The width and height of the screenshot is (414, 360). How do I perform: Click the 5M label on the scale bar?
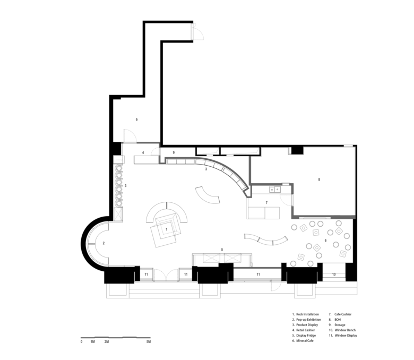tap(149, 342)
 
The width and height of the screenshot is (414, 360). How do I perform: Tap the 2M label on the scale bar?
tap(106, 342)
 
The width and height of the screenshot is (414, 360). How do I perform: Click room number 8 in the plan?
tap(319, 179)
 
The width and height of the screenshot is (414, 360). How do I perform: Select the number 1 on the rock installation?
tap(166, 229)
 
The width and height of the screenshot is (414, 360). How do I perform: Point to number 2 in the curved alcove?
tap(103, 243)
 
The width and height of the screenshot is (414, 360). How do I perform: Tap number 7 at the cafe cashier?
tap(266, 203)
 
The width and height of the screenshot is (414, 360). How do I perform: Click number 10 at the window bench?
tap(334, 275)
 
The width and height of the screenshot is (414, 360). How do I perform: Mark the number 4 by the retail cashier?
tap(143, 153)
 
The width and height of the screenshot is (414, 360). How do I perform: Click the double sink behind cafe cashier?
tap(275, 190)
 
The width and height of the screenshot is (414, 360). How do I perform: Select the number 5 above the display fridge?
tap(222, 250)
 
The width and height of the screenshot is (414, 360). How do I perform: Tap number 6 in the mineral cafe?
tap(325, 241)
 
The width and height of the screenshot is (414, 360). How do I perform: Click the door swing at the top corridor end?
tap(198, 32)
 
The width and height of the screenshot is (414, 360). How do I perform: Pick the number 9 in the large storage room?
tap(136, 119)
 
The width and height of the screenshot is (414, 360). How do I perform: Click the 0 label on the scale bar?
tap(81, 342)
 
